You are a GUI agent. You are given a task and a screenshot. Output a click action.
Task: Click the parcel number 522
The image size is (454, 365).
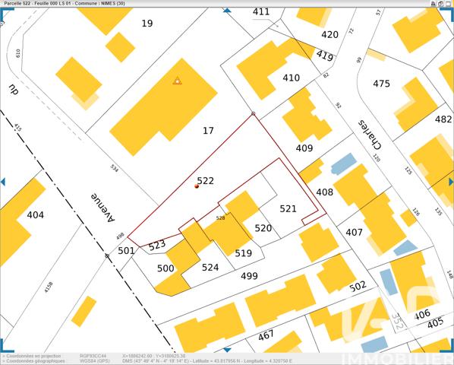[x=205, y=181]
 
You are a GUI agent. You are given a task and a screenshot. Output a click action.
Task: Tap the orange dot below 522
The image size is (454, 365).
[x=197, y=186]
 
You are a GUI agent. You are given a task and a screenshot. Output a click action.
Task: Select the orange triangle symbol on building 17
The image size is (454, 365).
[x=177, y=80]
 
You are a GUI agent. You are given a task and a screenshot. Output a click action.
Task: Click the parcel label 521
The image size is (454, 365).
[x=288, y=208]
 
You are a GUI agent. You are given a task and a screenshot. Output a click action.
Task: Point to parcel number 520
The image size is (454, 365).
[x=263, y=228]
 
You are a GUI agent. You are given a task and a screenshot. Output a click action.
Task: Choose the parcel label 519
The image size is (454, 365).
[x=243, y=253]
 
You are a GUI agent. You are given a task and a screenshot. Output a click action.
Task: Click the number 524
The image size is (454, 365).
[x=210, y=267]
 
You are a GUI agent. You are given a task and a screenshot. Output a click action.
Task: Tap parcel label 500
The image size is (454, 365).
[x=166, y=268]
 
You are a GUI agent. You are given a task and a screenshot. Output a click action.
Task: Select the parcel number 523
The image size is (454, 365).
[x=157, y=245]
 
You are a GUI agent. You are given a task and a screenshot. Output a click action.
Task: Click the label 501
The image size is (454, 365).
[x=126, y=251]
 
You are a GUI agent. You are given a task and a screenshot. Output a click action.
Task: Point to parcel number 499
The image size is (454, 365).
[x=249, y=276]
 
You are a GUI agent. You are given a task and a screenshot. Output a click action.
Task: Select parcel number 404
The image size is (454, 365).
[x=35, y=215]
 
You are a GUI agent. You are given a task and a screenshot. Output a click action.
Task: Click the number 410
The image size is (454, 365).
[x=291, y=78]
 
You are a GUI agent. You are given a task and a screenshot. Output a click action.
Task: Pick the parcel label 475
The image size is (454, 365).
[x=381, y=84]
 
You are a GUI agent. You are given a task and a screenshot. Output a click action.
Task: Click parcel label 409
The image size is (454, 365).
[x=304, y=148]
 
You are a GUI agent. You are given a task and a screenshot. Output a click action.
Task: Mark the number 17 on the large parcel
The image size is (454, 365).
[x=208, y=131]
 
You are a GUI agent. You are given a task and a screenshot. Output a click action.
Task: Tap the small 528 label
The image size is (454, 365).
[x=220, y=218]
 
